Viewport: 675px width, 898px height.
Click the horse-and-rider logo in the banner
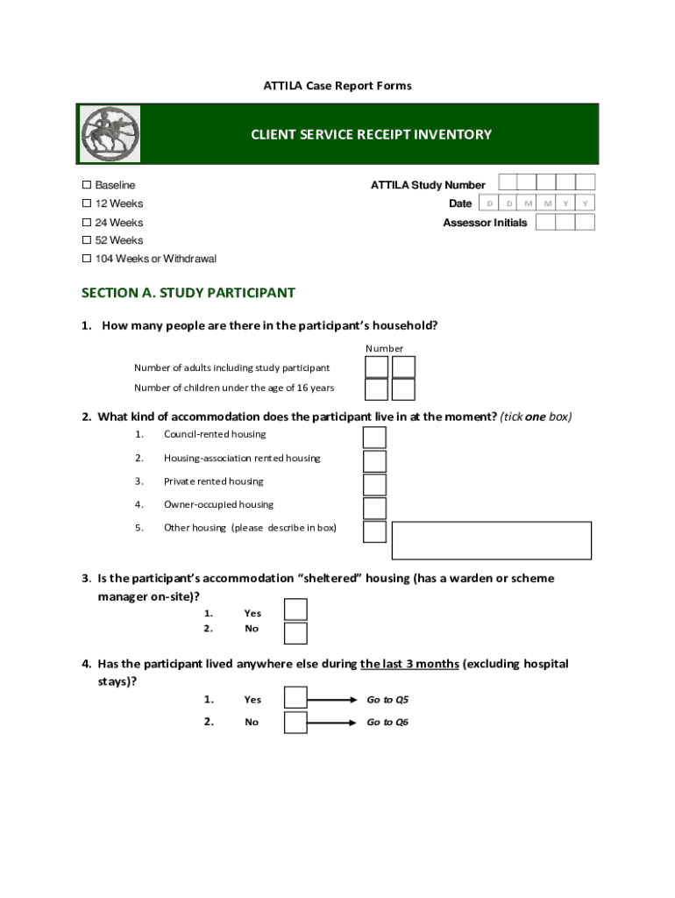[110, 134]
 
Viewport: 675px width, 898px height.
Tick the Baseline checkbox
[87, 185]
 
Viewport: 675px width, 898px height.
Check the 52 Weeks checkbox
[87, 240]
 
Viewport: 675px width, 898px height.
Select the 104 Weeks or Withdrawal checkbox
[87, 259]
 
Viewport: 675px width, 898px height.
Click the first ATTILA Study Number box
[506, 182]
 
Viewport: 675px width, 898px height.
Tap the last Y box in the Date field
[585, 203]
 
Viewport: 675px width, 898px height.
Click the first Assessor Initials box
[545, 222]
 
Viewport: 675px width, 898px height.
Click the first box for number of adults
[376, 367]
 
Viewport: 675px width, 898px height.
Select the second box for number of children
[403, 389]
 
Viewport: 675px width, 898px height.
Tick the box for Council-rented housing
[374, 438]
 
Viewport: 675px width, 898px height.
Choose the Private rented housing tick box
[374, 485]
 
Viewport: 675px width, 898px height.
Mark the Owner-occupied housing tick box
[374, 508]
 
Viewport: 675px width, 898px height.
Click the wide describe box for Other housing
[491, 540]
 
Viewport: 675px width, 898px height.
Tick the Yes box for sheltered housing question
[296, 610]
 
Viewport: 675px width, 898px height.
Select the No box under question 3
[296, 633]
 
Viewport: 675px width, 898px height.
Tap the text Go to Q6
[387, 722]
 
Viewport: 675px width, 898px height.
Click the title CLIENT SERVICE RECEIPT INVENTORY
[371, 134]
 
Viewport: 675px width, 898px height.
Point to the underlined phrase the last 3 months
[409, 664]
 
